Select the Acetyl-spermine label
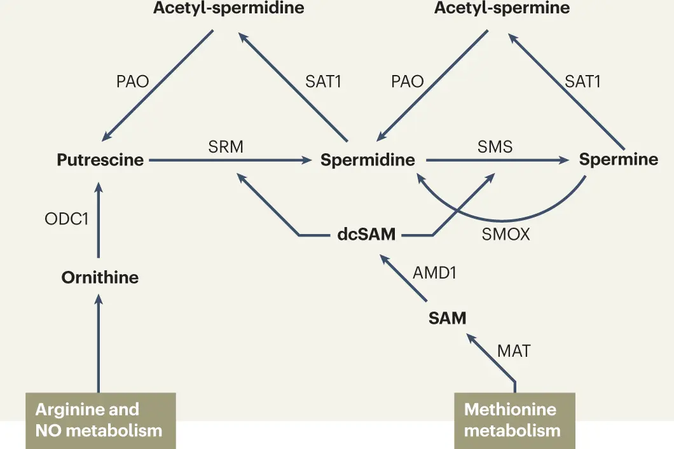[x=502, y=9]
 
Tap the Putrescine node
[x=100, y=160]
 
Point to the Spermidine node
[x=368, y=160]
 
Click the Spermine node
[x=618, y=159]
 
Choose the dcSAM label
[x=366, y=235]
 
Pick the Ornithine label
[x=100, y=277]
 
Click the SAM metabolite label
[x=447, y=318]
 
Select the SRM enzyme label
[x=226, y=146]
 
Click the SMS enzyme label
[x=495, y=146]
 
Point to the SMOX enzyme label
[x=505, y=235]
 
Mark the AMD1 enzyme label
[x=436, y=272]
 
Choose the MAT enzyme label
[x=514, y=350]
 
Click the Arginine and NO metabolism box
[x=100, y=420]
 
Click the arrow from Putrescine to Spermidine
[x=229, y=161]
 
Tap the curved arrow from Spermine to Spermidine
[x=502, y=215]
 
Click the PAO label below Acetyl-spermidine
[x=132, y=81]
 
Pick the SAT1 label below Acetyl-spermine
[x=582, y=81]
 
